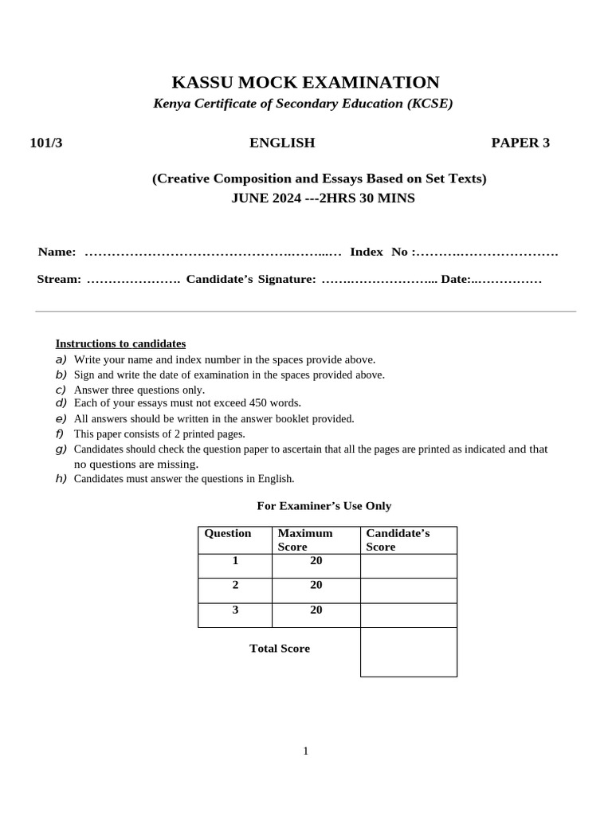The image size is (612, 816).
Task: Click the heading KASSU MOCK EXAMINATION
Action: (305, 82)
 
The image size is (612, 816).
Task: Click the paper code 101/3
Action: (45, 143)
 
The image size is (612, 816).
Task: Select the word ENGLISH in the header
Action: (282, 143)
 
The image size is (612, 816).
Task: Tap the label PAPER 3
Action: (520, 143)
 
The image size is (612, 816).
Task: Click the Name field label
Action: (57, 252)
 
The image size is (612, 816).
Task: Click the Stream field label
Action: (59, 280)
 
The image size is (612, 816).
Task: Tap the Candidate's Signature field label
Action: (251, 280)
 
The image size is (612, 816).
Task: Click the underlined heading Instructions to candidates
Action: (120, 343)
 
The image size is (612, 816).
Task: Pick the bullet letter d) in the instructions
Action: (61, 402)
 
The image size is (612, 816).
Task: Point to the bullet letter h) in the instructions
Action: (61, 478)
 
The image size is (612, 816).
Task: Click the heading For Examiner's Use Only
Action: (324, 506)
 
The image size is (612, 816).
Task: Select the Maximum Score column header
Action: (305, 539)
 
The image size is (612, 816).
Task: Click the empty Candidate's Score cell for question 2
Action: (408, 590)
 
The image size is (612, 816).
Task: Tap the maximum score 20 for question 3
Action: (316, 610)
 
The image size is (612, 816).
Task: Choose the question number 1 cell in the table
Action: (235, 560)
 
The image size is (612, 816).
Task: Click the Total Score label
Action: (280, 649)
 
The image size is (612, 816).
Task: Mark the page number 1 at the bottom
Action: (305, 751)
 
